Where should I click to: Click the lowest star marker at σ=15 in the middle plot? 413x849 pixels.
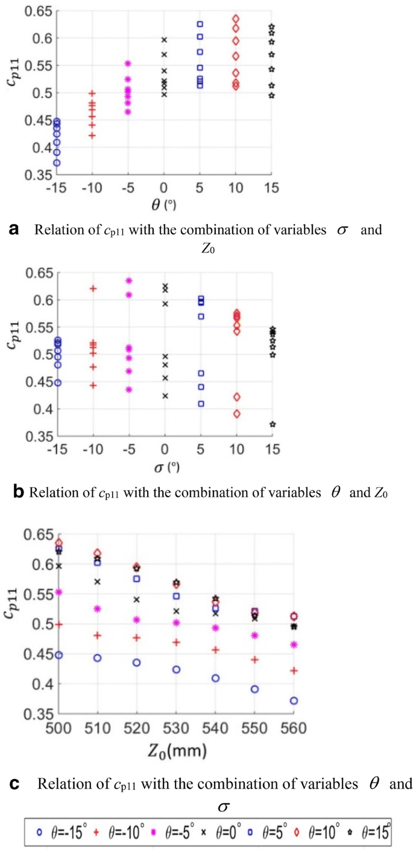pos(272,425)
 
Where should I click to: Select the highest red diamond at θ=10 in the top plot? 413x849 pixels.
pos(236,19)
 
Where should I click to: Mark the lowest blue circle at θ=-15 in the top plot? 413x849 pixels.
pos(57,162)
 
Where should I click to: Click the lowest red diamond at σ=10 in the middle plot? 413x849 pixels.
pos(236,414)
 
